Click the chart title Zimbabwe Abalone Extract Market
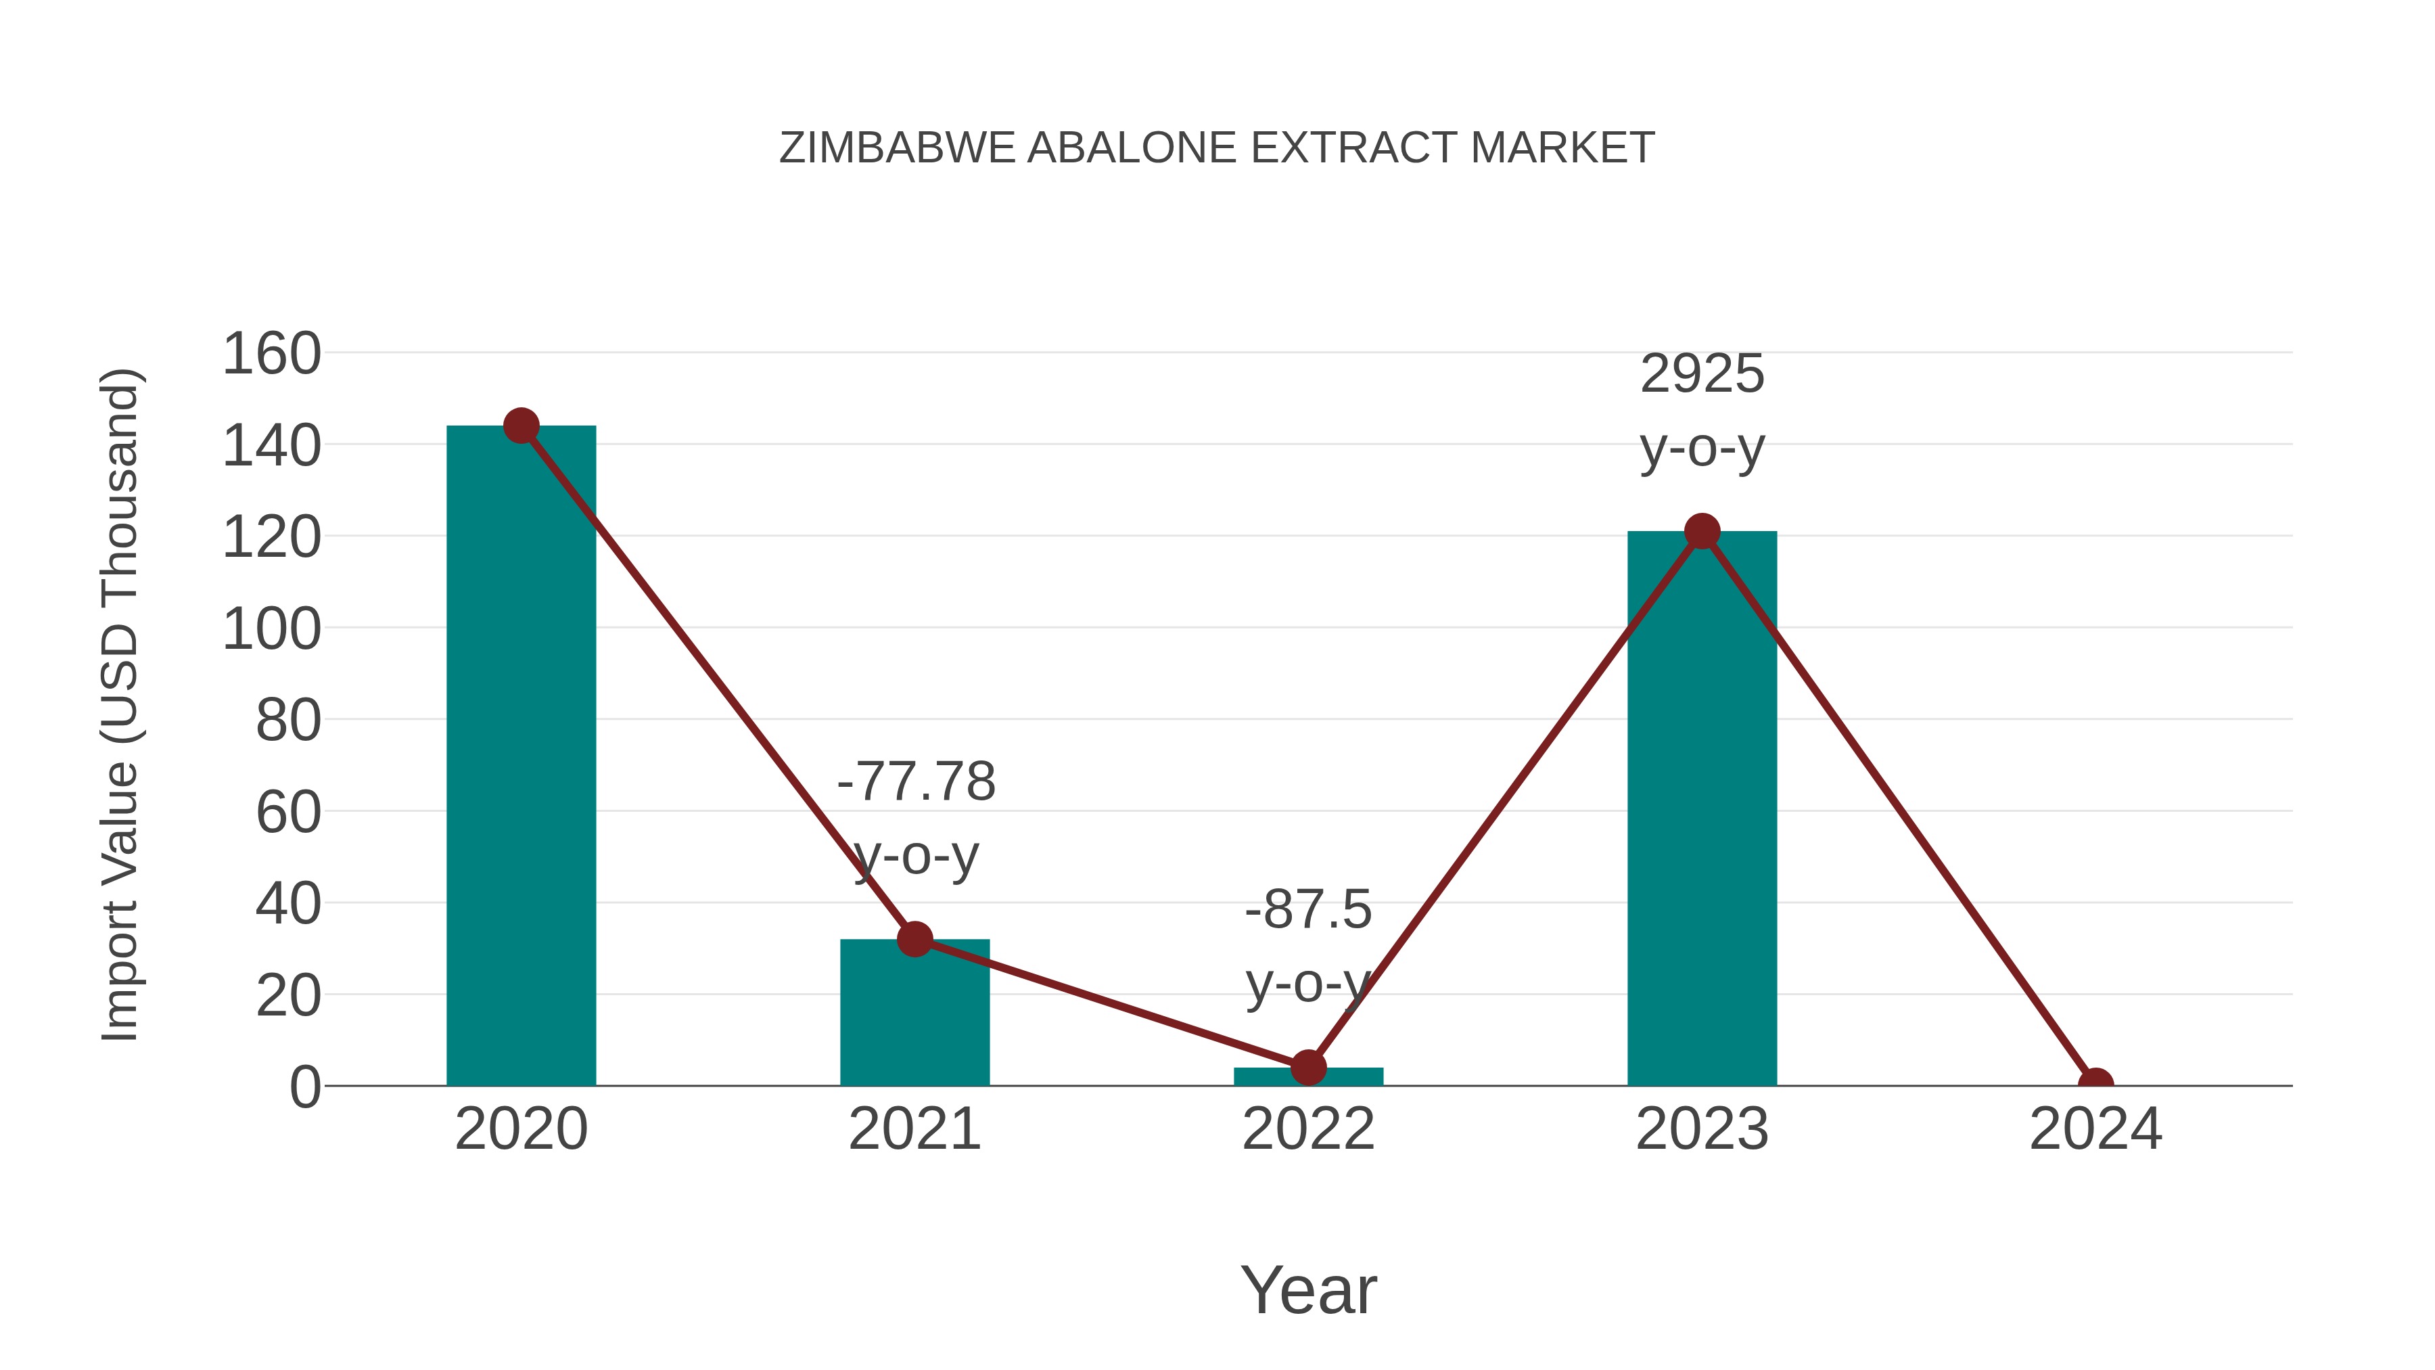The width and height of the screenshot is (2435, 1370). pyautogui.click(x=1217, y=148)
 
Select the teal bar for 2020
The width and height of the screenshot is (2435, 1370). pyautogui.click(x=521, y=756)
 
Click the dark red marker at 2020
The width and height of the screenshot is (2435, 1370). pyautogui.click(x=521, y=426)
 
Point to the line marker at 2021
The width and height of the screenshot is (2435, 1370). pyautogui.click(x=914, y=939)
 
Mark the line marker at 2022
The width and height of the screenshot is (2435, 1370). pyautogui.click(x=1308, y=1068)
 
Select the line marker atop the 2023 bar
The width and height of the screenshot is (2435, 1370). pyautogui.click(x=1702, y=531)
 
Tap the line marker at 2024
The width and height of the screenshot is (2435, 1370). pyautogui.click(x=2095, y=1084)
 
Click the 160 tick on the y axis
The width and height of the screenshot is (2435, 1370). pyautogui.click(x=271, y=355)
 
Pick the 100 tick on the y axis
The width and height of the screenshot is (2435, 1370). pyautogui.click(x=271, y=630)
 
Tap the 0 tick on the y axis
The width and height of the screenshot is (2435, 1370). pyautogui.click(x=304, y=1087)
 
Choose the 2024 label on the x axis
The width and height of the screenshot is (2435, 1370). pyautogui.click(x=2095, y=1129)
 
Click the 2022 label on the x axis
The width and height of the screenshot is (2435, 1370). pyautogui.click(x=1308, y=1129)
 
